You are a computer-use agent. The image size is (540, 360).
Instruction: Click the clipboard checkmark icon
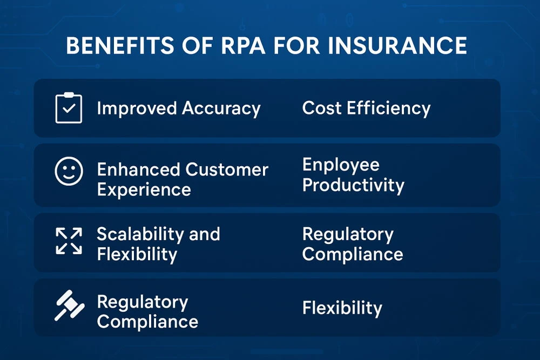click(x=69, y=108)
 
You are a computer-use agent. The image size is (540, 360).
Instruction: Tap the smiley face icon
click(x=69, y=172)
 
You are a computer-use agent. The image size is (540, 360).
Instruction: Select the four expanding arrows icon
click(x=69, y=241)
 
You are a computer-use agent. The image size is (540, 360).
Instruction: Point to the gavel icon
click(x=68, y=306)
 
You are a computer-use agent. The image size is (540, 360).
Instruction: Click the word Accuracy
click(x=221, y=108)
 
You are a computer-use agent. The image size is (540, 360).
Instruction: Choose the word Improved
click(x=137, y=108)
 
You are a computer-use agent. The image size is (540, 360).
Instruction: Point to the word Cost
click(x=322, y=108)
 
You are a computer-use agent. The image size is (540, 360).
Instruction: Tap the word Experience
click(x=144, y=190)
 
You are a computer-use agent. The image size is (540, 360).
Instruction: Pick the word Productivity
click(x=353, y=185)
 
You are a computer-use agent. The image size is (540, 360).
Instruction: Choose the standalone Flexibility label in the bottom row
click(x=342, y=308)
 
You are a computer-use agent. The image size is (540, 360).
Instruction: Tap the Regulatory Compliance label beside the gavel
click(x=147, y=312)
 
